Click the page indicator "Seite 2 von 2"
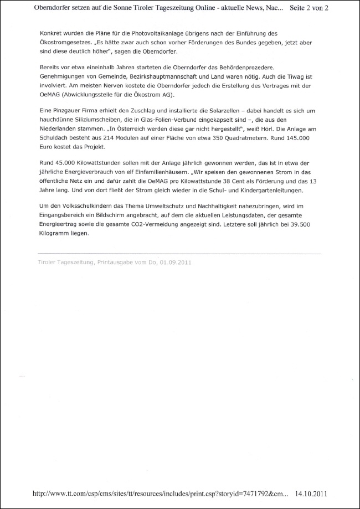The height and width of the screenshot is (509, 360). pos(313,8)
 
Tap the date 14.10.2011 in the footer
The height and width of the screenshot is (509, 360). pos(315,492)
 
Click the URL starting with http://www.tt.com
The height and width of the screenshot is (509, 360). pos(161,492)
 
